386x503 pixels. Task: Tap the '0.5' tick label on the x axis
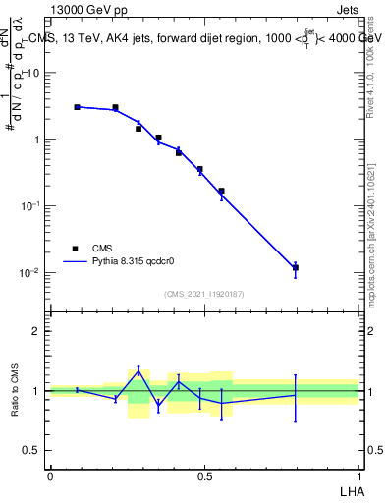point(204,476)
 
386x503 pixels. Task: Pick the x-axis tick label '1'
point(358,476)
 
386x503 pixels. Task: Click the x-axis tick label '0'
point(50,476)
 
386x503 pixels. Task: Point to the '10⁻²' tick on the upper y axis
point(31,272)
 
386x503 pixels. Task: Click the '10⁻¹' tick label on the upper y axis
point(31,205)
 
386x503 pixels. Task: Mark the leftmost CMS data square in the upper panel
point(77,107)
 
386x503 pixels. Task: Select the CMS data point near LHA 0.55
point(221,191)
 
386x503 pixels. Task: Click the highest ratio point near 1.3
point(138,370)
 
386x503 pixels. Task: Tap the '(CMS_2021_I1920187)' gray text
point(204,294)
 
